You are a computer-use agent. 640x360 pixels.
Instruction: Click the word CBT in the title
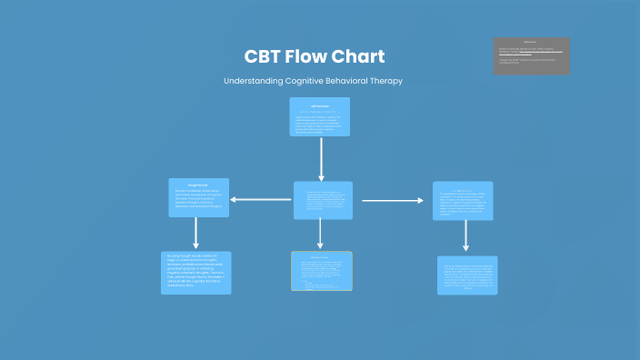coord(264,56)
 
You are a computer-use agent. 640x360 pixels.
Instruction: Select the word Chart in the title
coord(364,56)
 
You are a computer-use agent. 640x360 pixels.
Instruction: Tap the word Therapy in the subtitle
coord(387,81)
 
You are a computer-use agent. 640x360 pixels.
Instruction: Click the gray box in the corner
coord(532,55)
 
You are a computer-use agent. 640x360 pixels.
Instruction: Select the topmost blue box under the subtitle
coord(320,116)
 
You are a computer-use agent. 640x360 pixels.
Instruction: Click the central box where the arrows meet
coord(323,200)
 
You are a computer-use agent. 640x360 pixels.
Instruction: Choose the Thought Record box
coord(198,197)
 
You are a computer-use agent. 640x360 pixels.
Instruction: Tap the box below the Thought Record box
coord(196,273)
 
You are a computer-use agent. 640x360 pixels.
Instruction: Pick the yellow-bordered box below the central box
coord(322,271)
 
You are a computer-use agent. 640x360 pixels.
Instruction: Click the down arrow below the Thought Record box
coord(195,233)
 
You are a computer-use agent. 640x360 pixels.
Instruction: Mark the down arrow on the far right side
coord(466,235)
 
